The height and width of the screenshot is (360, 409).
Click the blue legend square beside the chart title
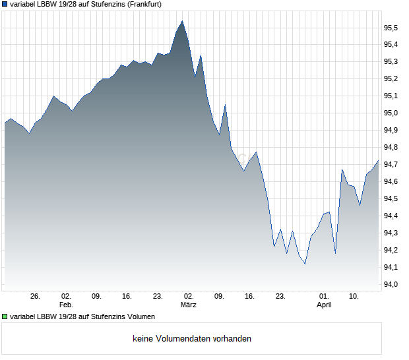[x=5, y=4]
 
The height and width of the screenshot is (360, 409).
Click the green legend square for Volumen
[x=5, y=317]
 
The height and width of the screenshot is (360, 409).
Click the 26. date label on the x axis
[x=36, y=297]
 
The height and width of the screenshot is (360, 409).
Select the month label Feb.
[x=65, y=305]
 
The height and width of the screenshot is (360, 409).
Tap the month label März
[x=189, y=305]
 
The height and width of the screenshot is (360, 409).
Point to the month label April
[x=324, y=305]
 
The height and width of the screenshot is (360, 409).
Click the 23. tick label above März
[x=158, y=297]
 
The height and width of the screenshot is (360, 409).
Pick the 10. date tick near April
[x=354, y=297]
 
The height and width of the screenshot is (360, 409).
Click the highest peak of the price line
[x=182, y=20]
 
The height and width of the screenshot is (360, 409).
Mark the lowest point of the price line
[x=305, y=264]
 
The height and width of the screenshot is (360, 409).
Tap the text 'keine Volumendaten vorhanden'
[x=192, y=339]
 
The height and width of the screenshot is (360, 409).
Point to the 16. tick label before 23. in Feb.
[x=127, y=297]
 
